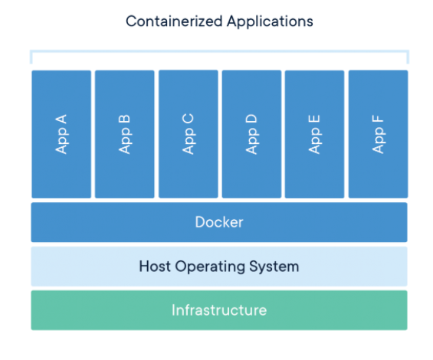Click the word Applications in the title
(267, 21)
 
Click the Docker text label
(219, 223)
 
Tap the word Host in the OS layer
(154, 267)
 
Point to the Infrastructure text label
(219, 310)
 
